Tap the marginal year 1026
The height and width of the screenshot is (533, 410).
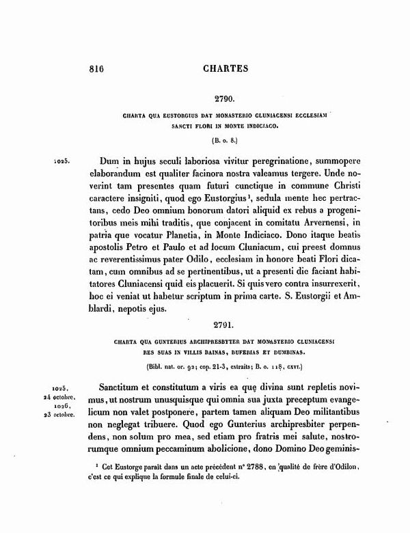(67, 406)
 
